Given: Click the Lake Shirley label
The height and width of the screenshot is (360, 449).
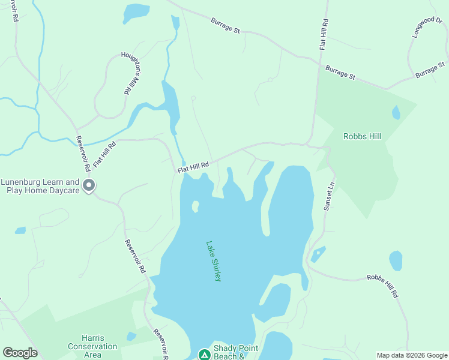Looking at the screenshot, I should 214,261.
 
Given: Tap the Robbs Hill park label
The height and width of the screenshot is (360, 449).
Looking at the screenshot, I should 362,136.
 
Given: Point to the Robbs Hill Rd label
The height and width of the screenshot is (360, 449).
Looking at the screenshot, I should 382,286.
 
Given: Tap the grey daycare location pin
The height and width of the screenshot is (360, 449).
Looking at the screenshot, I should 89,186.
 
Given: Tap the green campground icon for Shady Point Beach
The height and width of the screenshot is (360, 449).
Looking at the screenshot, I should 204,354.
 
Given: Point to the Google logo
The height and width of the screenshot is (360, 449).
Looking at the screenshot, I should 20,352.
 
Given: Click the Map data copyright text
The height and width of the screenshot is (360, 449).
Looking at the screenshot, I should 412,355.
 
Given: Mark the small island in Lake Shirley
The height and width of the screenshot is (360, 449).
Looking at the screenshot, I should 195,206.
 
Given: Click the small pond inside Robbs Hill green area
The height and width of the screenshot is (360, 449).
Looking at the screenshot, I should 396,112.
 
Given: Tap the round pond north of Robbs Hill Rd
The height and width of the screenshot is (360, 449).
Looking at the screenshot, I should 396,261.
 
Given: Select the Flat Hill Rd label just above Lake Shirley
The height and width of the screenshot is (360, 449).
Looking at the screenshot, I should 193,167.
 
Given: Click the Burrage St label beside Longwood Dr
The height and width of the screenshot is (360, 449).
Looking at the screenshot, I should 430,70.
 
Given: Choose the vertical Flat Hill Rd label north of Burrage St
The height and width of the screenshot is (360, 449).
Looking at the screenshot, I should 324,34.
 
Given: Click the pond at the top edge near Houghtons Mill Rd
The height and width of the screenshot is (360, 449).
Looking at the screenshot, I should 137,11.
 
